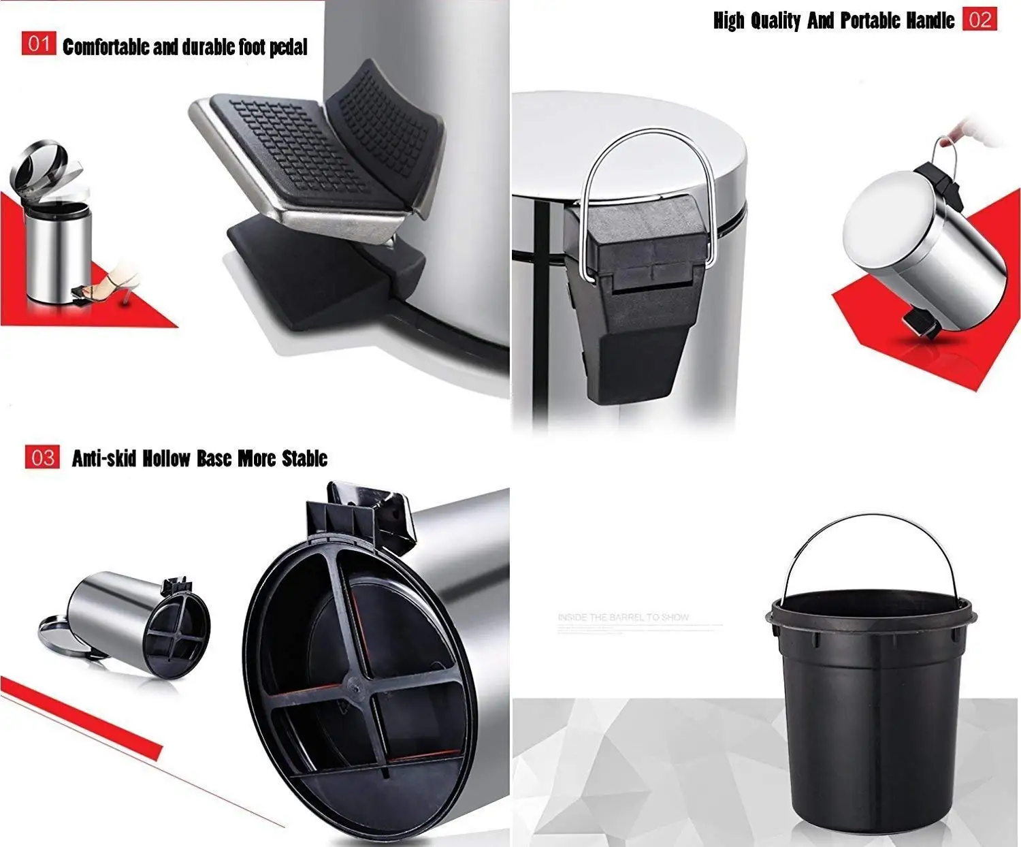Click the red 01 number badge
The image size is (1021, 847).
pos(38,44)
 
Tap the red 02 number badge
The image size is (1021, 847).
pos(979,19)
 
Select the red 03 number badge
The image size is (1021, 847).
pos(42,457)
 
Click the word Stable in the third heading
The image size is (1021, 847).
pos(304,458)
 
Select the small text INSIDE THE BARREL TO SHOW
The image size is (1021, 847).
pos(623,618)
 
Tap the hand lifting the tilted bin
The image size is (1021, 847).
pos(980,133)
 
